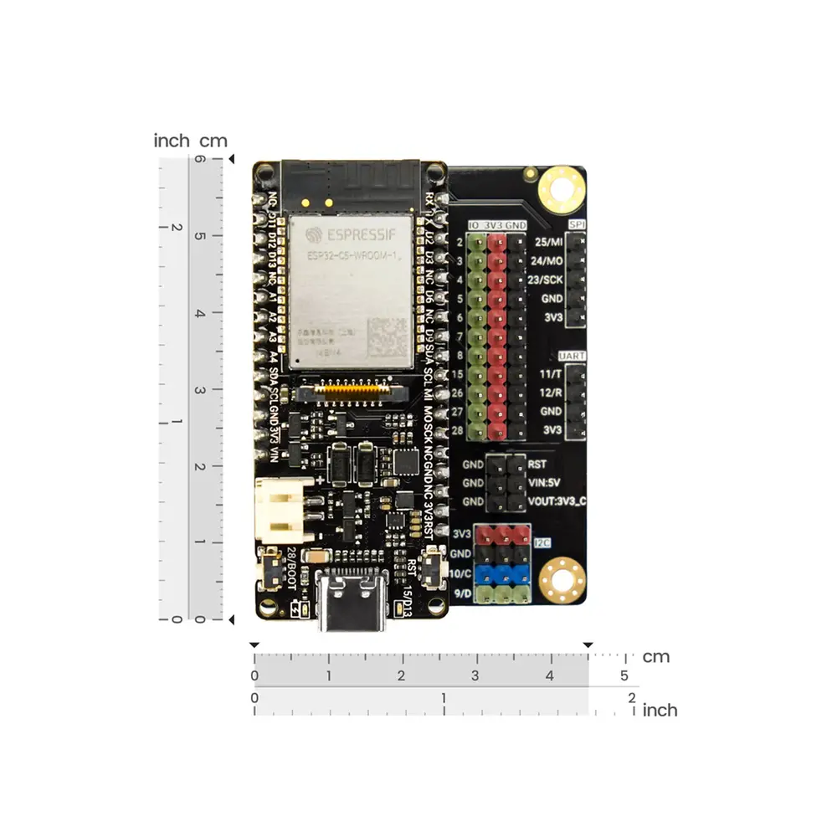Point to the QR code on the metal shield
coord(388,338)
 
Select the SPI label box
coord(577,224)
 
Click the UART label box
coord(576,356)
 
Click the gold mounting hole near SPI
coord(561,187)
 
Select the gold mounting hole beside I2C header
coord(561,579)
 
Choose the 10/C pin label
coord(460,574)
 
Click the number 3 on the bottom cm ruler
coord(475,676)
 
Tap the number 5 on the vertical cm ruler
coord(199,236)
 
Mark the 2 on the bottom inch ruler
coord(630,697)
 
